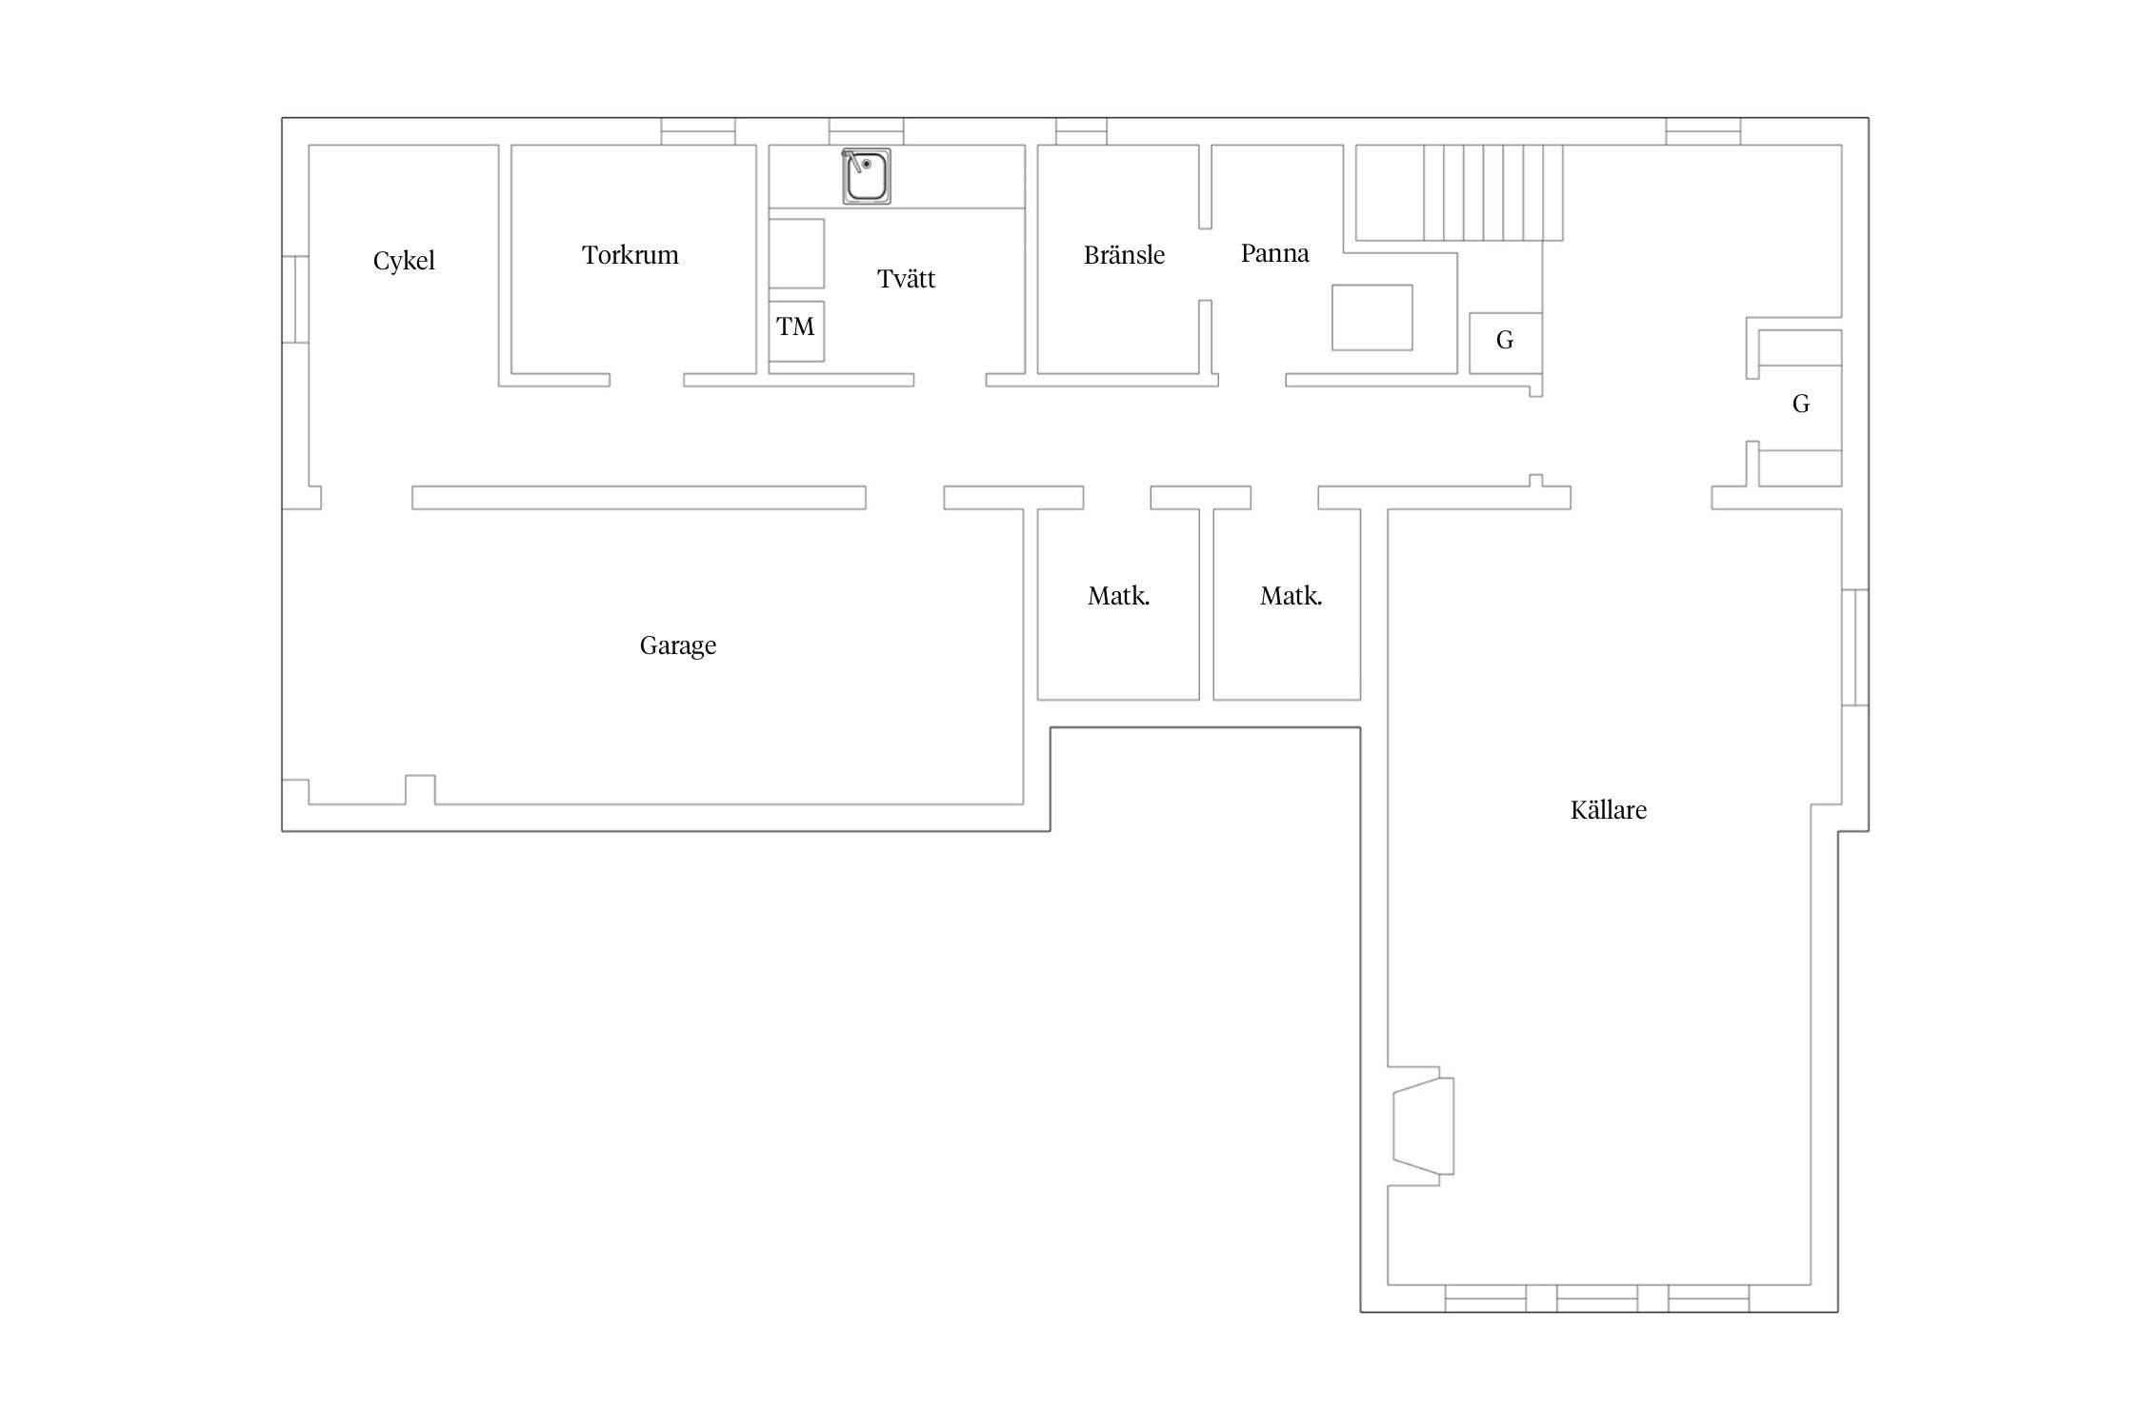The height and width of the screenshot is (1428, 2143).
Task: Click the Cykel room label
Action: coord(404,261)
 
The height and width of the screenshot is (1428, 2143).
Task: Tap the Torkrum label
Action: coord(631,255)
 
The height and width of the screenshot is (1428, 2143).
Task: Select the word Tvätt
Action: coord(906,279)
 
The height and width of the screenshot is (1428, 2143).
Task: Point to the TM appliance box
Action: coord(796,331)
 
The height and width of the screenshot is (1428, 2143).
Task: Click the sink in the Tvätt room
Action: coord(867,176)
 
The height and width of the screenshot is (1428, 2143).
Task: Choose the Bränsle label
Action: coord(1124,255)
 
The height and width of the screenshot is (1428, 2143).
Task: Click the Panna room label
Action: coord(1274,253)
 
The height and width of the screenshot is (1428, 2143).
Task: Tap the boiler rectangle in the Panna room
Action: coord(1372,317)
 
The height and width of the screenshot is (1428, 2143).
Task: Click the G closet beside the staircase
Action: coord(1505,343)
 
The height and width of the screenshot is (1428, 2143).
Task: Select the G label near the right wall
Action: coord(1800,405)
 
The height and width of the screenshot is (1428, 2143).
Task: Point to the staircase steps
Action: coord(1493,192)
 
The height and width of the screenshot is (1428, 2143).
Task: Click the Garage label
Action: coord(677,646)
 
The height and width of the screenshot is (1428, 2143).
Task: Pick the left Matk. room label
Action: coord(1119,597)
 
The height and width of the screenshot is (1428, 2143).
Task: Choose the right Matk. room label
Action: coord(1291,597)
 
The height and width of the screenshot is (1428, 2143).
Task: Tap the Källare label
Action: coord(1608,810)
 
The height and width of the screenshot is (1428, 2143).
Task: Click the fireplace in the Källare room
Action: coord(1423,1125)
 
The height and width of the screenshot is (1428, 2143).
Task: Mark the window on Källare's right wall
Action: coord(1854,647)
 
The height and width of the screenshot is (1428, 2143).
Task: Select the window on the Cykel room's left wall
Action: coord(295,299)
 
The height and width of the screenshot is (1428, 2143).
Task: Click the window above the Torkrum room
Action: coord(698,131)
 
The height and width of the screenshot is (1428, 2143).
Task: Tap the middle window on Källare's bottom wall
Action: coord(1597,1299)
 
